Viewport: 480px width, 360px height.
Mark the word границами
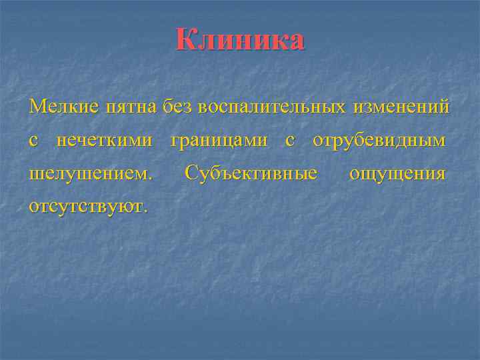pos(220,141)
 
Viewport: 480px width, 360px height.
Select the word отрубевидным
pos(379,141)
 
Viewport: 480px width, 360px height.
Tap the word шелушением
pos(90,175)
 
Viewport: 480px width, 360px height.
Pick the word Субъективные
pos(251,174)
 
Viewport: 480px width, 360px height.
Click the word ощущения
pos(397,175)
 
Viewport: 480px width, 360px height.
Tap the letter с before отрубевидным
pos(289,142)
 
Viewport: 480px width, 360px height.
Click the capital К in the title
pos(186,41)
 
